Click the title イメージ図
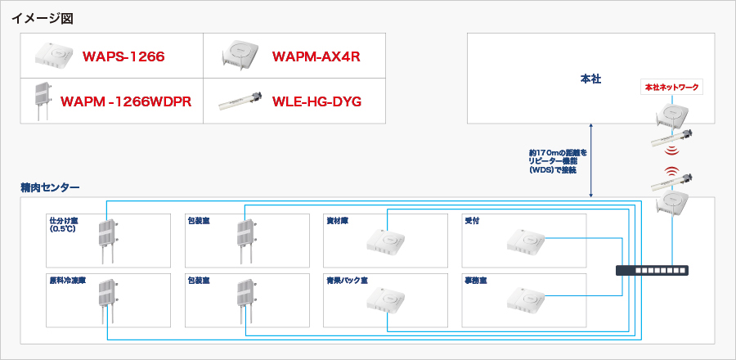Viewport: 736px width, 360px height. pyautogui.click(x=43, y=18)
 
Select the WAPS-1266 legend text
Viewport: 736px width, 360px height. pyautogui.click(x=123, y=56)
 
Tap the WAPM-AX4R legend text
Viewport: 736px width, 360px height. pyautogui.click(x=316, y=56)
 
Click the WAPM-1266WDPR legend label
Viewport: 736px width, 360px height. pyautogui.click(x=126, y=101)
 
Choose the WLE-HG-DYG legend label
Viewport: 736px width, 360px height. pyautogui.click(x=316, y=101)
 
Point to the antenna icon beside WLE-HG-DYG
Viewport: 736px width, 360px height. pyautogui.click(x=242, y=102)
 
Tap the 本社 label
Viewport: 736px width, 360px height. pyautogui.click(x=590, y=79)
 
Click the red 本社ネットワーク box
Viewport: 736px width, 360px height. pyautogui.click(x=671, y=87)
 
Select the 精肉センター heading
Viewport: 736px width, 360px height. pyautogui.click(x=50, y=188)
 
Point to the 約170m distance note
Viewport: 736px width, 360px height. pyautogui.click(x=558, y=161)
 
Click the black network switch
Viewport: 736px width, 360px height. pyautogui.click(x=649, y=269)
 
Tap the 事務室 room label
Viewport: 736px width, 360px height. pyautogui.click(x=475, y=280)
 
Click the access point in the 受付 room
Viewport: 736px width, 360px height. pyautogui.click(x=525, y=239)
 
